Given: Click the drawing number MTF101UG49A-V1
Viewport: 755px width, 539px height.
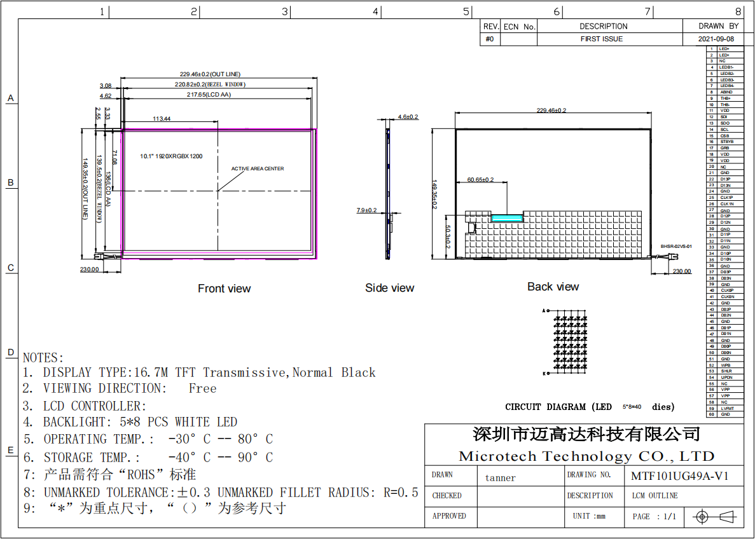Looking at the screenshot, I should pyautogui.click(x=679, y=476).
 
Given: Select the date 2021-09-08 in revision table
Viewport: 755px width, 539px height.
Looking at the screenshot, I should pyautogui.click(x=716, y=39).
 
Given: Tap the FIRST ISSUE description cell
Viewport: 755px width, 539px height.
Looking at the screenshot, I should pyautogui.click(x=602, y=39).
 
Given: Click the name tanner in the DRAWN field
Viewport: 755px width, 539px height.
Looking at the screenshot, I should pyautogui.click(x=501, y=478).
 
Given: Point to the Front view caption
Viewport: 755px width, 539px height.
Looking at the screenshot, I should pyautogui.click(x=224, y=289).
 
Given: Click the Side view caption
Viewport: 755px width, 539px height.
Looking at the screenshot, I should pyautogui.click(x=389, y=288).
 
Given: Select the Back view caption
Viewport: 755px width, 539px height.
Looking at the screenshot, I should pyautogui.click(x=553, y=287).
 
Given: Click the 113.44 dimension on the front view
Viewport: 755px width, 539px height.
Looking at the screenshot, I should pyautogui.click(x=162, y=119).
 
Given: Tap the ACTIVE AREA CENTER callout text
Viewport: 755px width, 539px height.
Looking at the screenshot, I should pyautogui.click(x=258, y=168).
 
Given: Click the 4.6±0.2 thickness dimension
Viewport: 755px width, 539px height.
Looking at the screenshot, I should pyautogui.click(x=408, y=117).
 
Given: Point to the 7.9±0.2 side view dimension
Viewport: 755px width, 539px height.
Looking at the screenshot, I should pyautogui.click(x=367, y=210).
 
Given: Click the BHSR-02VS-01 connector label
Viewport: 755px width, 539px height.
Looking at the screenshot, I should pyautogui.click(x=675, y=246).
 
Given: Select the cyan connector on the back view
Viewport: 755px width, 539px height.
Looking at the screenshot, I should pyautogui.click(x=507, y=217).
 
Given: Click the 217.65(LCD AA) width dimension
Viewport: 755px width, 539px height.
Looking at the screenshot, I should pyautogui.click(x=209, y=95).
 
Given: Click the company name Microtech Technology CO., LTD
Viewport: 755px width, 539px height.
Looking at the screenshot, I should pyautogui.click(x=586, y=456).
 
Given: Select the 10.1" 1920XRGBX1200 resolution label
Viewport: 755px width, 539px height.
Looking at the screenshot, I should pyautogui.click(x=171, y=156).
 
